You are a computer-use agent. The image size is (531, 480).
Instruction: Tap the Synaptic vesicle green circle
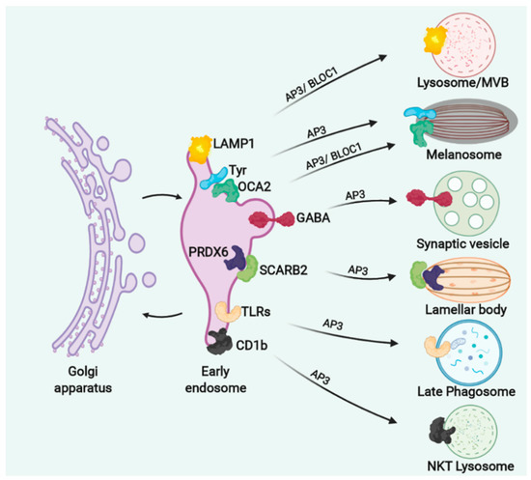[x=463, y=203]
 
